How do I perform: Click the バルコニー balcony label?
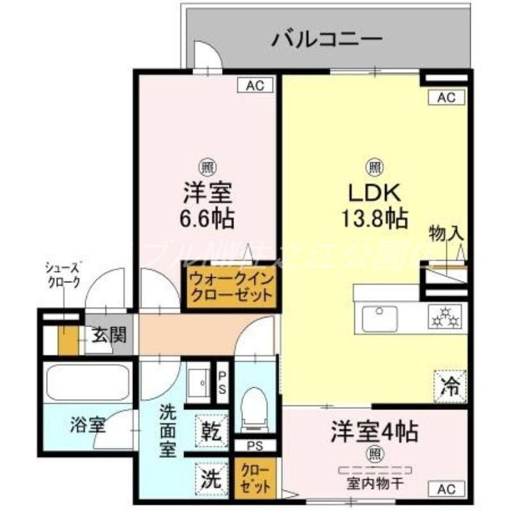pos(327,40)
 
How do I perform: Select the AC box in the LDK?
pos(446,97)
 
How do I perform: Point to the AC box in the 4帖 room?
pos(446,489)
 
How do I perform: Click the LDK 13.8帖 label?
pos(374,204)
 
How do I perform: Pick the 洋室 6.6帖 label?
pos(206,204)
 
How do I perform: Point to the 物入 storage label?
pos(446,234)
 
